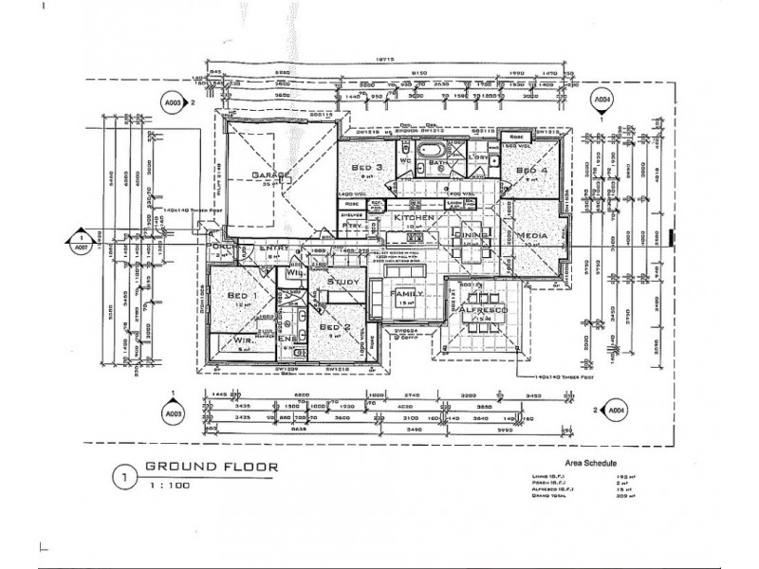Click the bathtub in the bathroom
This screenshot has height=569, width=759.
pos(432,150)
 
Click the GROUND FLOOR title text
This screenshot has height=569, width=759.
pos(210,467)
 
